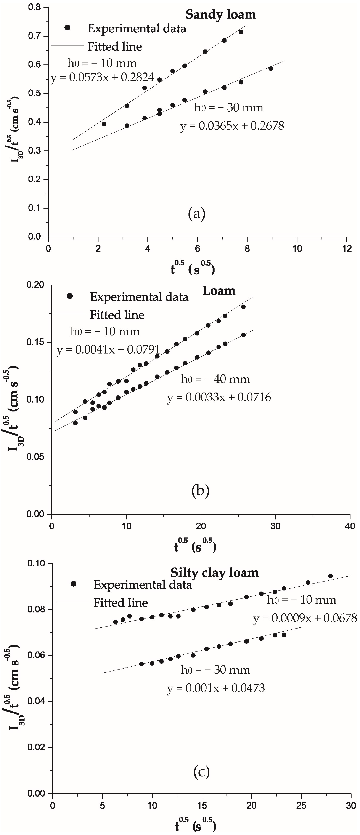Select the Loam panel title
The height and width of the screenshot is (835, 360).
tap(219, 291)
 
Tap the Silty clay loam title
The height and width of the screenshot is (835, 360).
tap(215, 573)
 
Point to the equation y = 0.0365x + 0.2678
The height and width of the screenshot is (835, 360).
tap(232, 126)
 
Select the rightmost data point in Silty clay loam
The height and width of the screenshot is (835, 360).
tap(331, 576)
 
